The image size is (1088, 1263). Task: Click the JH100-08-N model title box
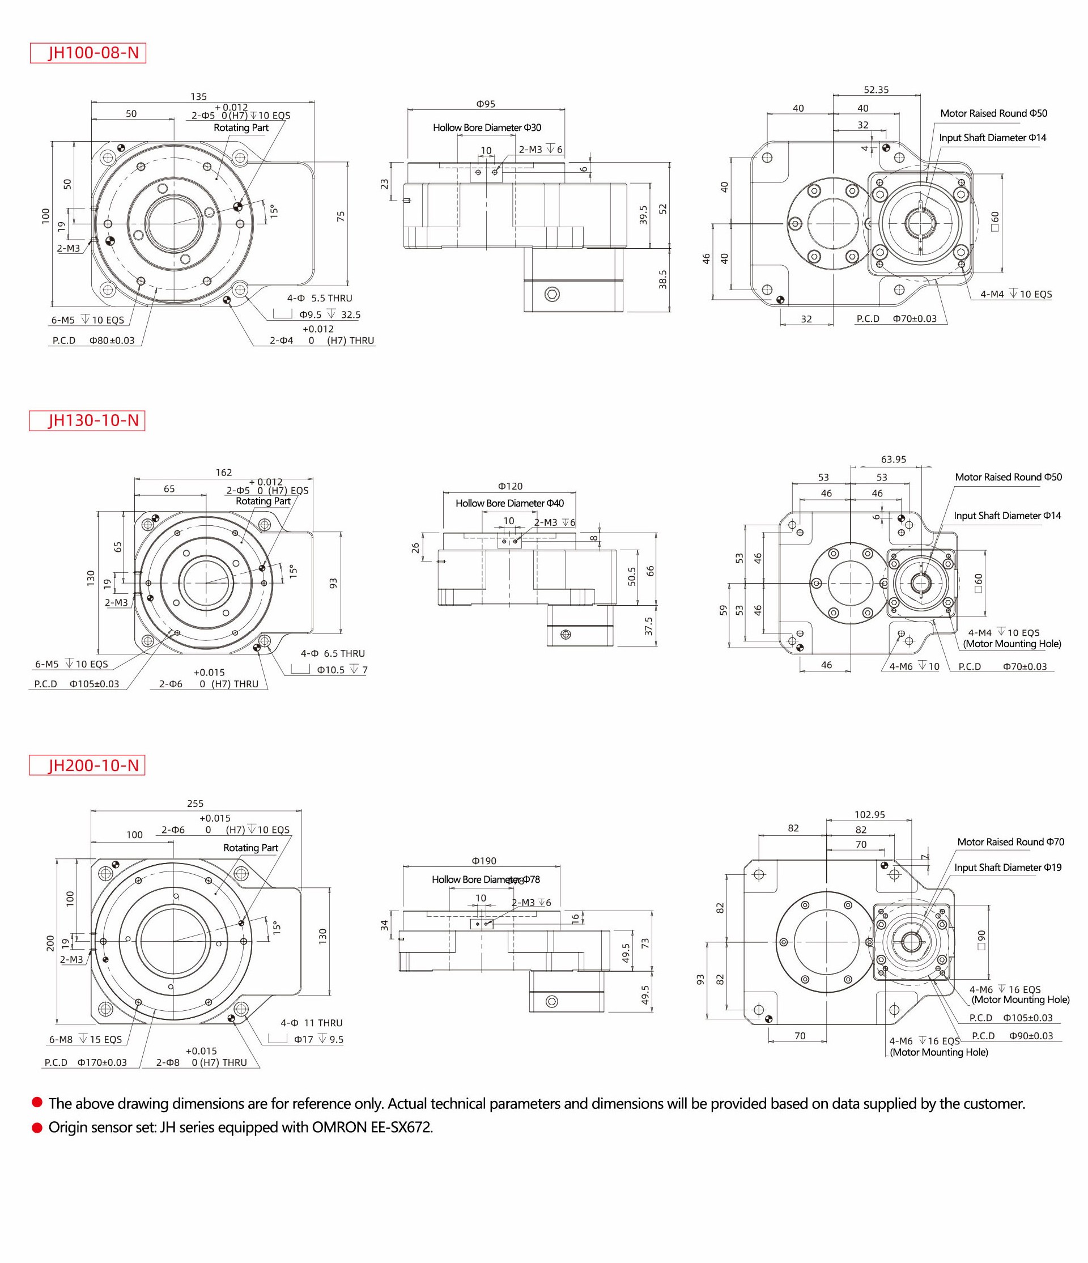(88, 53)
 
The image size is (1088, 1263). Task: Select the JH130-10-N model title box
(87, 420)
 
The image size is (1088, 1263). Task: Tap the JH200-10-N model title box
(87, 765)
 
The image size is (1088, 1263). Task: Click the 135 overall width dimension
(199, 96)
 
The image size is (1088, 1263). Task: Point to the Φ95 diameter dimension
(486, 104)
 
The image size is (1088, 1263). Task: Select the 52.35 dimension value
(876, 90)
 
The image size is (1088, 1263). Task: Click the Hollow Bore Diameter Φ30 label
(487, 127)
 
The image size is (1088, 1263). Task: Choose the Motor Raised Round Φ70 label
(1010, 842)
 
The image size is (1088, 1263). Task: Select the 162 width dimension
(224, 473)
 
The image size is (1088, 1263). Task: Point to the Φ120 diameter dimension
(510, 486)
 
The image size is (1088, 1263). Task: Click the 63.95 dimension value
(894, 460)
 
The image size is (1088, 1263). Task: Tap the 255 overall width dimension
(195, 803)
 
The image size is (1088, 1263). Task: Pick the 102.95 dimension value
(870, 814)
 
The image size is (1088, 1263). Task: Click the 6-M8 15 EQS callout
(86, 1039)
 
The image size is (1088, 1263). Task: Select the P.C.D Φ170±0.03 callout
(86, 1062)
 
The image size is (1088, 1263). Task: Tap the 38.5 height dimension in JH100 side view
(662, 280)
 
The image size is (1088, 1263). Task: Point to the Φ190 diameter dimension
(484, 861)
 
